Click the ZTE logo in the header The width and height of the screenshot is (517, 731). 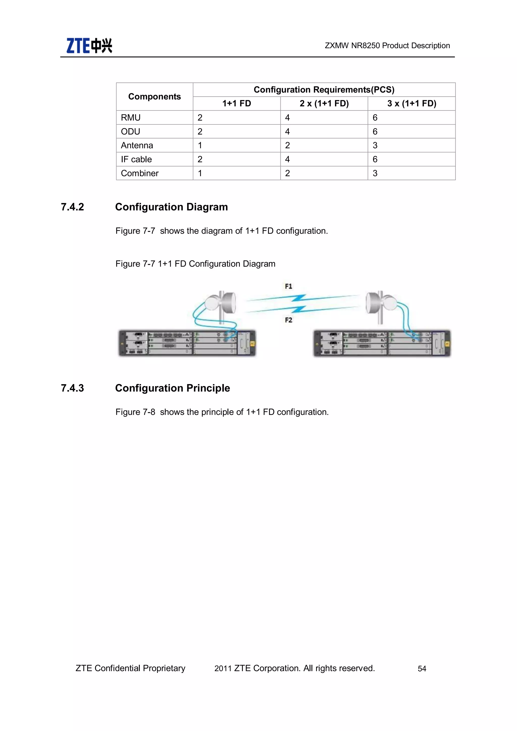pyautogui.click(x=89, y=45)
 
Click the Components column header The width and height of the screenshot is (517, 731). pyautogui.click(x=154, y=96)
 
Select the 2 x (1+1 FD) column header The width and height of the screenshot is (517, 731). pyautogui.click(x=324, y=104)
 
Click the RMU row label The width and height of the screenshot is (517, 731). pyautogui.click(x=131, y=117)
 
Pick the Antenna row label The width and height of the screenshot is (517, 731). pyautogui.click(x=137, y=145)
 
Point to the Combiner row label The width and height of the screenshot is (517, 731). pyautogui.click(x=140, y=173)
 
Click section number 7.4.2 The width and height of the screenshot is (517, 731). pyautogui.click(x=73, y=207)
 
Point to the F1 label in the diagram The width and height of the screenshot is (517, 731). pyautogui.click(x=289, y=286)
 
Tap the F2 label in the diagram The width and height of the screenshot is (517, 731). pyautogui.click(x=289, y=320)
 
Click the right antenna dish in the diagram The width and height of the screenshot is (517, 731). pyautogui.click(x=381, y=303)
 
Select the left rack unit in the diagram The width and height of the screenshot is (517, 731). pyautogui.click(x=187, y=343)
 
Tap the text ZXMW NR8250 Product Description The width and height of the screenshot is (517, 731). pyautogui.click(x=387, y=45)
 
